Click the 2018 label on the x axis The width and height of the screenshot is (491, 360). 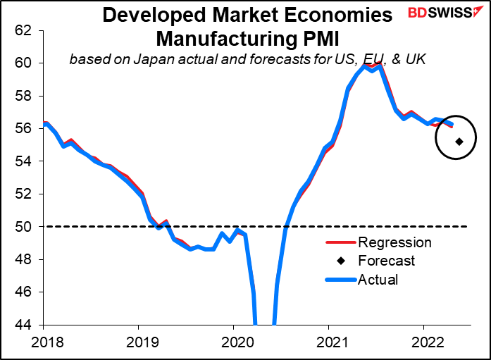coord(44,342)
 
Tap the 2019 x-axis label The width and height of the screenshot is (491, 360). coord(138,342)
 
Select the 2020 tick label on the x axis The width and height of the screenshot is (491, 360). coord(233,342)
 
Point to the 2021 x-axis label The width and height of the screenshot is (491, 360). coord(328,342)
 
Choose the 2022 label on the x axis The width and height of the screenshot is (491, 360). coord(423,342)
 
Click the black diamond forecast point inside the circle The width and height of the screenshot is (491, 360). coord(459,142)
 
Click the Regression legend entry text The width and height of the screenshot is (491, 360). coord(394,243)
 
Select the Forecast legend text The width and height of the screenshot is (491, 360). coord(387,261)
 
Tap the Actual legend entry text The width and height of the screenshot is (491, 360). coord(378,280)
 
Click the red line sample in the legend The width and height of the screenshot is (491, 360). coord(340,243)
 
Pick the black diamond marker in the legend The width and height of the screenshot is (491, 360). coord(340,261)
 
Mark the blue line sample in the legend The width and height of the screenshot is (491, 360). coord(340,280)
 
